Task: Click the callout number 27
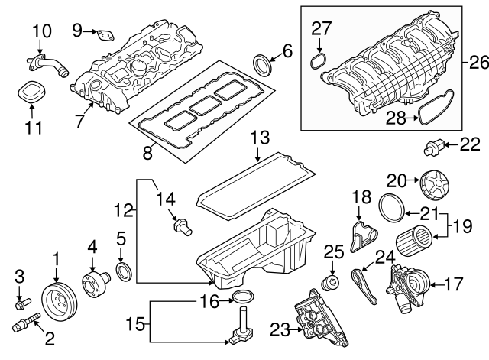[x=322, y=29]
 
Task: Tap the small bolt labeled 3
[x=21, y=303]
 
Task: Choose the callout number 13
[x=260, y=139]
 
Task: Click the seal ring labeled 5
[x=123, y=271]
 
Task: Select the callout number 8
[x=147, y=153]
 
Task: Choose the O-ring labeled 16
[x=243, y=296]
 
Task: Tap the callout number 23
[x=279, y=330]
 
